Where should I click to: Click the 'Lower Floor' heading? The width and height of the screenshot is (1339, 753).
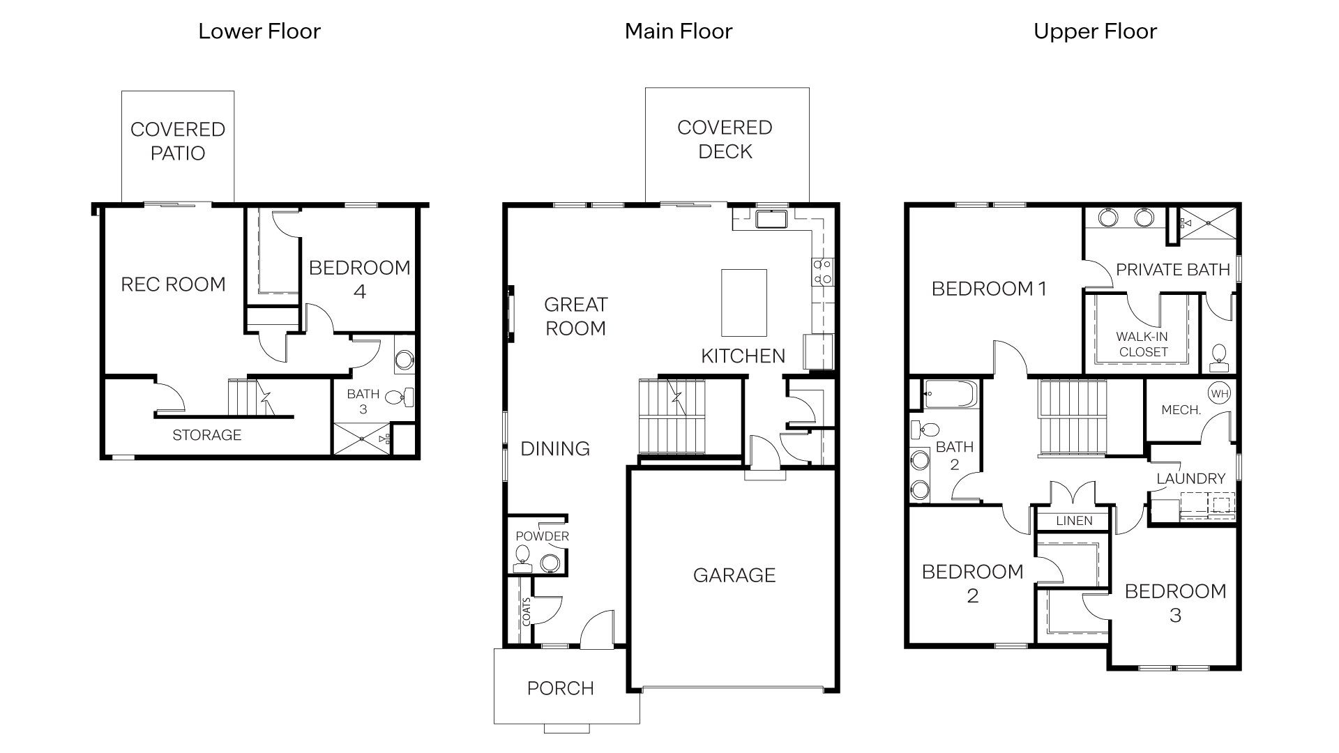click(259, 31)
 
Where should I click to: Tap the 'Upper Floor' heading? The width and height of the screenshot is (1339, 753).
click(1095, 31)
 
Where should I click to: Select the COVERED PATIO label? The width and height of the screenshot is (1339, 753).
click(178, 141)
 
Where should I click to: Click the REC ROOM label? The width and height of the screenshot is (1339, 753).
click(173, 284)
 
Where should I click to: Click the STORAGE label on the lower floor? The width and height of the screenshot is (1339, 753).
click(206, 435)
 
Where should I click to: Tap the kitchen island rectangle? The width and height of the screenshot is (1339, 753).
click(743, 303)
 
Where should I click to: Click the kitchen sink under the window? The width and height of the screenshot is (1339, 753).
click(771, 219)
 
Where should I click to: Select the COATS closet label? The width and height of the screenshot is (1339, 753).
click(526, 611)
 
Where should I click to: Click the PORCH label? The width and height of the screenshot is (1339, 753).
click(560, 688)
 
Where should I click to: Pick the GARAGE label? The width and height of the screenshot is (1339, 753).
click(734, 575)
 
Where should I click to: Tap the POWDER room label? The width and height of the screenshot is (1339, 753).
click(542, 536)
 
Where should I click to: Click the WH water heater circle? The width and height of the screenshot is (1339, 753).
click(1219, 394)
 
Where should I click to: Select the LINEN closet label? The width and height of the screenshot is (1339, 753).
click(1074, 521)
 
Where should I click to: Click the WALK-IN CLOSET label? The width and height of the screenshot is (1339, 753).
click(1142, 344)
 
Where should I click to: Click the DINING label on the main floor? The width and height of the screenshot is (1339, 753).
click(555, 448)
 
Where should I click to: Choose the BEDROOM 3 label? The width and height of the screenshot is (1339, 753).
click(1175, 603)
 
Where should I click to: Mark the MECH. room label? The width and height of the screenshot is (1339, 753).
click(1181, 410)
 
